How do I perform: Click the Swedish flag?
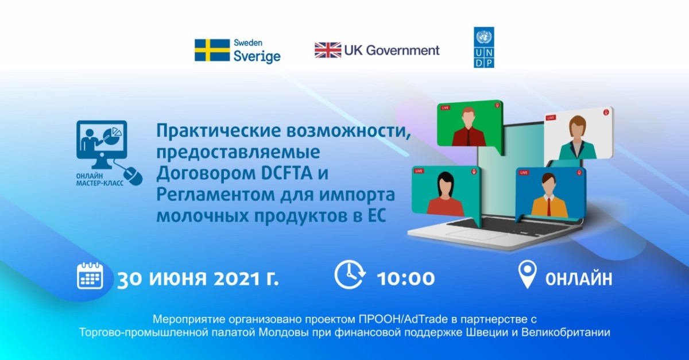212,50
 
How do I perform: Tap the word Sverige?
257,57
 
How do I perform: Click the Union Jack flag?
328,50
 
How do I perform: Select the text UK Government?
392,50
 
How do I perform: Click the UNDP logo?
484,48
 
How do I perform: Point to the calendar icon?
90,276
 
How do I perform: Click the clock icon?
350,275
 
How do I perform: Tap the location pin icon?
527,274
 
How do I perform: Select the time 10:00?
406,279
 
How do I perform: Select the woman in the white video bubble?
578,138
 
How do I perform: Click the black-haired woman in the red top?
445,194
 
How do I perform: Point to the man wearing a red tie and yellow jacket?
549,195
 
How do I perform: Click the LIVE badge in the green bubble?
445,108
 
